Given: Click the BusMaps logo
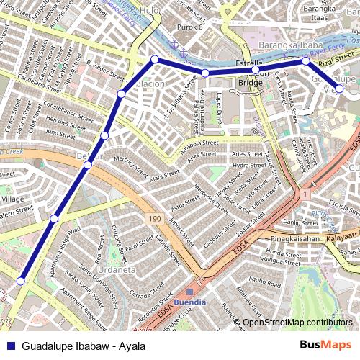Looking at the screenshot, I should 326,346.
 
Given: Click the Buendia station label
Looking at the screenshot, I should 190,303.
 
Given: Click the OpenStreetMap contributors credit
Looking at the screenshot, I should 298,323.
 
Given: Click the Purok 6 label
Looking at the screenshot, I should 186,27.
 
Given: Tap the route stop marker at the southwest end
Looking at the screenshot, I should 21,281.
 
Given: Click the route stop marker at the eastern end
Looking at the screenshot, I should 339,91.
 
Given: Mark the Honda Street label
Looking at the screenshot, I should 282,253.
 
